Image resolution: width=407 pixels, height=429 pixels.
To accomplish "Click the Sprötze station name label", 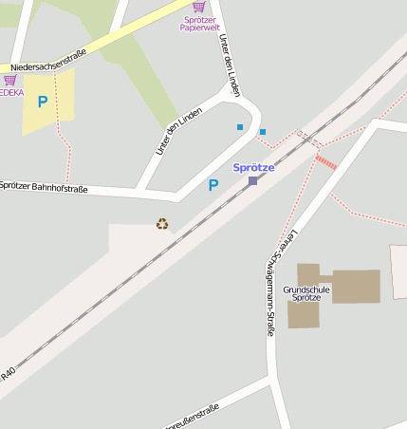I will pyautogui.click(x=253, y=167).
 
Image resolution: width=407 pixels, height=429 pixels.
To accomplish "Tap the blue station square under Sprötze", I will pyautogui.click(x=253, y=180).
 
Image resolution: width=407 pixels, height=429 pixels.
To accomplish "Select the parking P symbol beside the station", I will pyautogui.click(x=213, y=186).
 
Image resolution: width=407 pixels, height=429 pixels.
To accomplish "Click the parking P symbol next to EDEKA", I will pyautogui.click(x=42, y=102).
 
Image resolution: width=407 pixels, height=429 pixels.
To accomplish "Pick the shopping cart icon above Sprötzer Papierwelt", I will pyautogui.click(x=198, y=7).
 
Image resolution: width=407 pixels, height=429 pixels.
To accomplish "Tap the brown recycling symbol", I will pyautogui.click(x=162, y=224).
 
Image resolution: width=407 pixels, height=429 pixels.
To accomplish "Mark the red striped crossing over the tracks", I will pyautogui.click(x=325, y=162).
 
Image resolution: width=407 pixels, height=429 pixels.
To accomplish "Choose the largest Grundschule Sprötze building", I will pyautogui.click(x=355, y=286).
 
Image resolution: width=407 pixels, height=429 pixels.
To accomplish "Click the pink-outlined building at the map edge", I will pyautogui.click(x=399, y=272).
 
